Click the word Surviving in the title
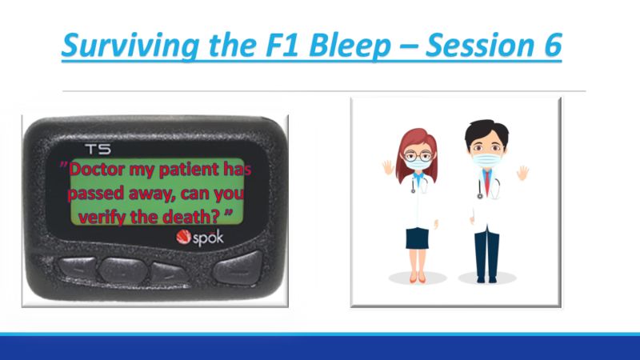click(130, 46)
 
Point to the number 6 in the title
click(553, 45)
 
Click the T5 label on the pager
click(98, 150)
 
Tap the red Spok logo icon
click(183, 237)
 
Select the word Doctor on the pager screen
click(97, 169)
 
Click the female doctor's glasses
click(418, 155)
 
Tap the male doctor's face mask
click(487, 159)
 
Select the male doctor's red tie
click(488, 182)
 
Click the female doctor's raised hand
click(388, 167)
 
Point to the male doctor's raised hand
click(522, 173)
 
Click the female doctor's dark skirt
click(417, 238)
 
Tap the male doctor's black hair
click(486, 130)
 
